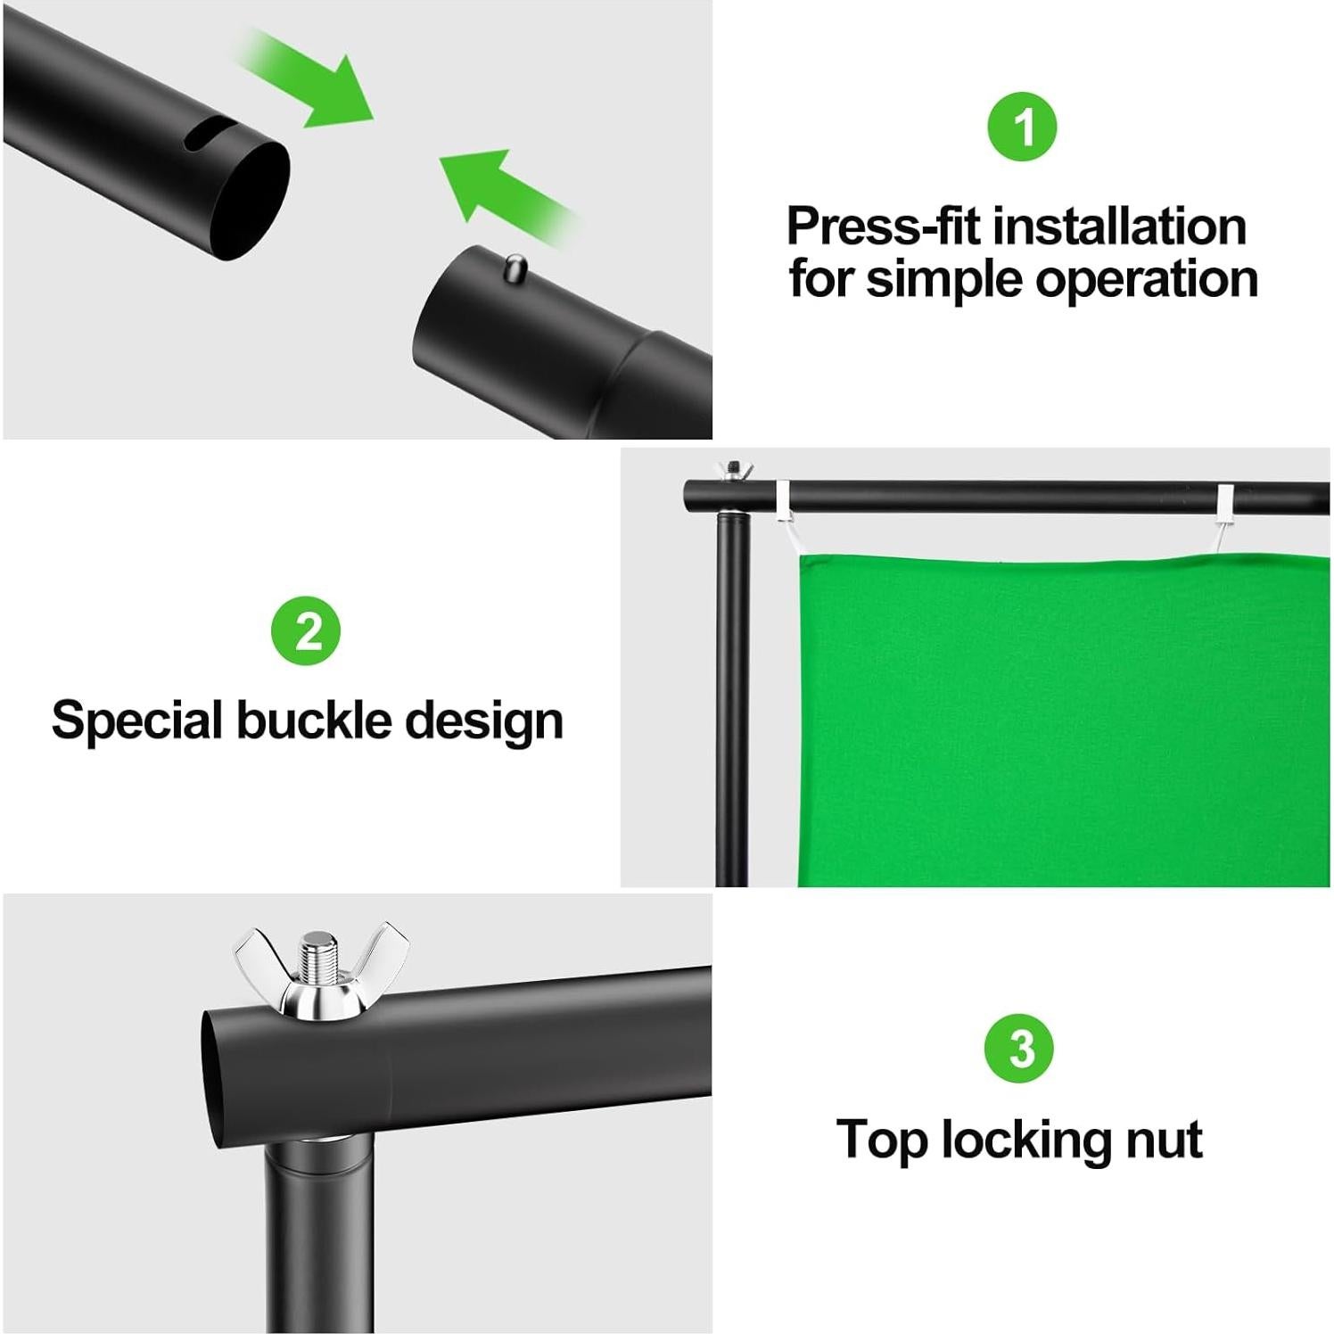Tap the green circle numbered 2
tap(306, 632)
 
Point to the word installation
tap(1120, 226)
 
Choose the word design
tap(484, 721)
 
